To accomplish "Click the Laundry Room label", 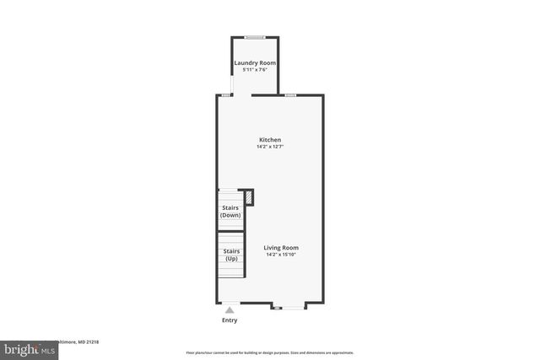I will pos(255,63).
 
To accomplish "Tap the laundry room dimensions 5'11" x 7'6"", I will pos(255,70).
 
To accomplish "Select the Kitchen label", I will pos(270,140).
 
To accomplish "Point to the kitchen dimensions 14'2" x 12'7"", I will pos(270,147).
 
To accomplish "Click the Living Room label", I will pos(281,248).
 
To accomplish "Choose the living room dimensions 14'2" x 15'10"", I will pos(281,255).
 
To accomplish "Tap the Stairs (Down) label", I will pos(230,212).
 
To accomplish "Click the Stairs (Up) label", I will pos(230,255).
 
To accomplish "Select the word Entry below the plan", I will pos(229,320).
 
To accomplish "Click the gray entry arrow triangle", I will pos(229,310).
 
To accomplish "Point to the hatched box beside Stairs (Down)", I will pos(248,198).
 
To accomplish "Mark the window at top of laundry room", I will pos(255,36).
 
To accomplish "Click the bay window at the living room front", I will pos(288,307).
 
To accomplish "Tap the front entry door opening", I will pos(229,304).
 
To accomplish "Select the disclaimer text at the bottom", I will pos(270,352).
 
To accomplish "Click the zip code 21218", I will pos(90,341).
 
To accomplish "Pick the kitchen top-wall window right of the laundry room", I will pos(289,95).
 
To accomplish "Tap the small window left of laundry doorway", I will pos(225,95).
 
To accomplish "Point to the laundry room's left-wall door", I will pos(233,84).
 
